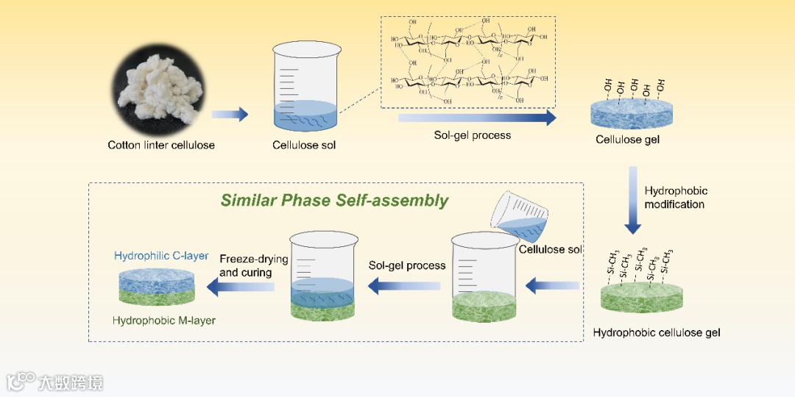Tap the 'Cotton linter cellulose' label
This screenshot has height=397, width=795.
tap(161, 145)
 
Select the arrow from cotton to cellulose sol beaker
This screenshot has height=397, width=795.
tap(230, 115)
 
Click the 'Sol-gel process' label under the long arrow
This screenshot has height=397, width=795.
tap(472, 136)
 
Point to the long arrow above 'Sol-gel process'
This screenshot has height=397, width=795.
tap(477, 118)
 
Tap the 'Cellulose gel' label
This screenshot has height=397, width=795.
tap(628, 140)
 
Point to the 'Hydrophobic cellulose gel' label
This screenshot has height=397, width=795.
tap(657, 332)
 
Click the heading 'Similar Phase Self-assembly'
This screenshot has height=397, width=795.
tap(335, 200)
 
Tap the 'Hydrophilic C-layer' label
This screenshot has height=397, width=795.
tap(161, 256)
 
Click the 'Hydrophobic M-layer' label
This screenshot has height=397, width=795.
tap(164, 321)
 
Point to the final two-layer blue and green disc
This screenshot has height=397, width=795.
tap(157, 287)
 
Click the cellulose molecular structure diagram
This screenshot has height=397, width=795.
tap(468, 62)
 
